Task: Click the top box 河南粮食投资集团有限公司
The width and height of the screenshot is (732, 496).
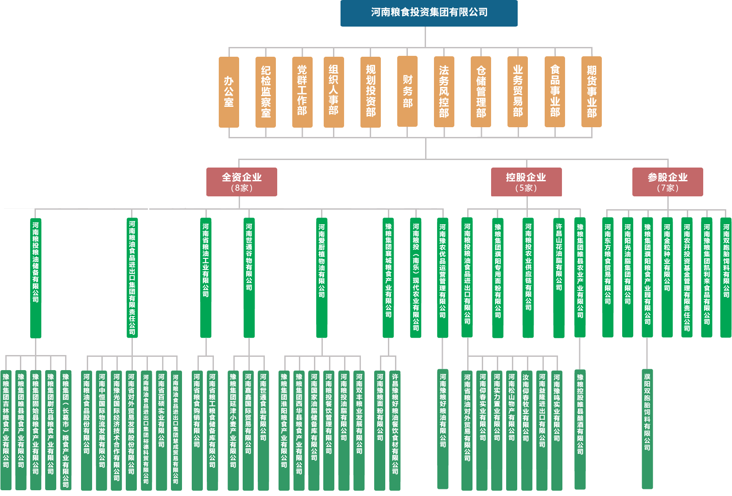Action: coord(429,13)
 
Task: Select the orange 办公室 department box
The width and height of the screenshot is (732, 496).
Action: coord(229,92)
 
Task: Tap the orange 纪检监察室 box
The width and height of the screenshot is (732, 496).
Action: coord(266,92)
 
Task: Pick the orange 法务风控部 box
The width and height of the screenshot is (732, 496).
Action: coord(444,91)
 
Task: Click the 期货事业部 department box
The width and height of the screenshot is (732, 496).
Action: coord(592,91)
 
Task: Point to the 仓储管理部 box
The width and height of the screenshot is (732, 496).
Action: coord(481,91)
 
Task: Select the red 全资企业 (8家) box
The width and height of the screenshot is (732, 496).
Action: coord(242,182)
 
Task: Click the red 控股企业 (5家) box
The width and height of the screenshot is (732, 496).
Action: coord(526,182)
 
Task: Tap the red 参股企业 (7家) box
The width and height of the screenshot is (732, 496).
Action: coord(667,182)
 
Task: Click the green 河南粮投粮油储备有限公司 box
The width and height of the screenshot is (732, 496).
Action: coord(35,277)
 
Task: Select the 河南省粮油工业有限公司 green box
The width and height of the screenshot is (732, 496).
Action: coord(205,277)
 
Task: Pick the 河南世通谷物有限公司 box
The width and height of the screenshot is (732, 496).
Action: coord(249,277)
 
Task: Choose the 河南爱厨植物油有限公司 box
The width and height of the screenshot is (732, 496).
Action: coord(321,277)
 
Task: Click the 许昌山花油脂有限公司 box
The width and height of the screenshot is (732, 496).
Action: coord(559,277)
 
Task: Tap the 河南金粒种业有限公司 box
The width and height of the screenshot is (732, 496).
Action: coord(667,277)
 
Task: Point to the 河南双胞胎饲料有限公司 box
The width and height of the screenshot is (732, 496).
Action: coord(726,277)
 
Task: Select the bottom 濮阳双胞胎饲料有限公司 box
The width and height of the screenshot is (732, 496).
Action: coord(647,429)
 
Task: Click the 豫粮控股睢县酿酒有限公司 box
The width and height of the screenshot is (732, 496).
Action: coord(580,429)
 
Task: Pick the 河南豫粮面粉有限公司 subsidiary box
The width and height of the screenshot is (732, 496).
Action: coord(380,430)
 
